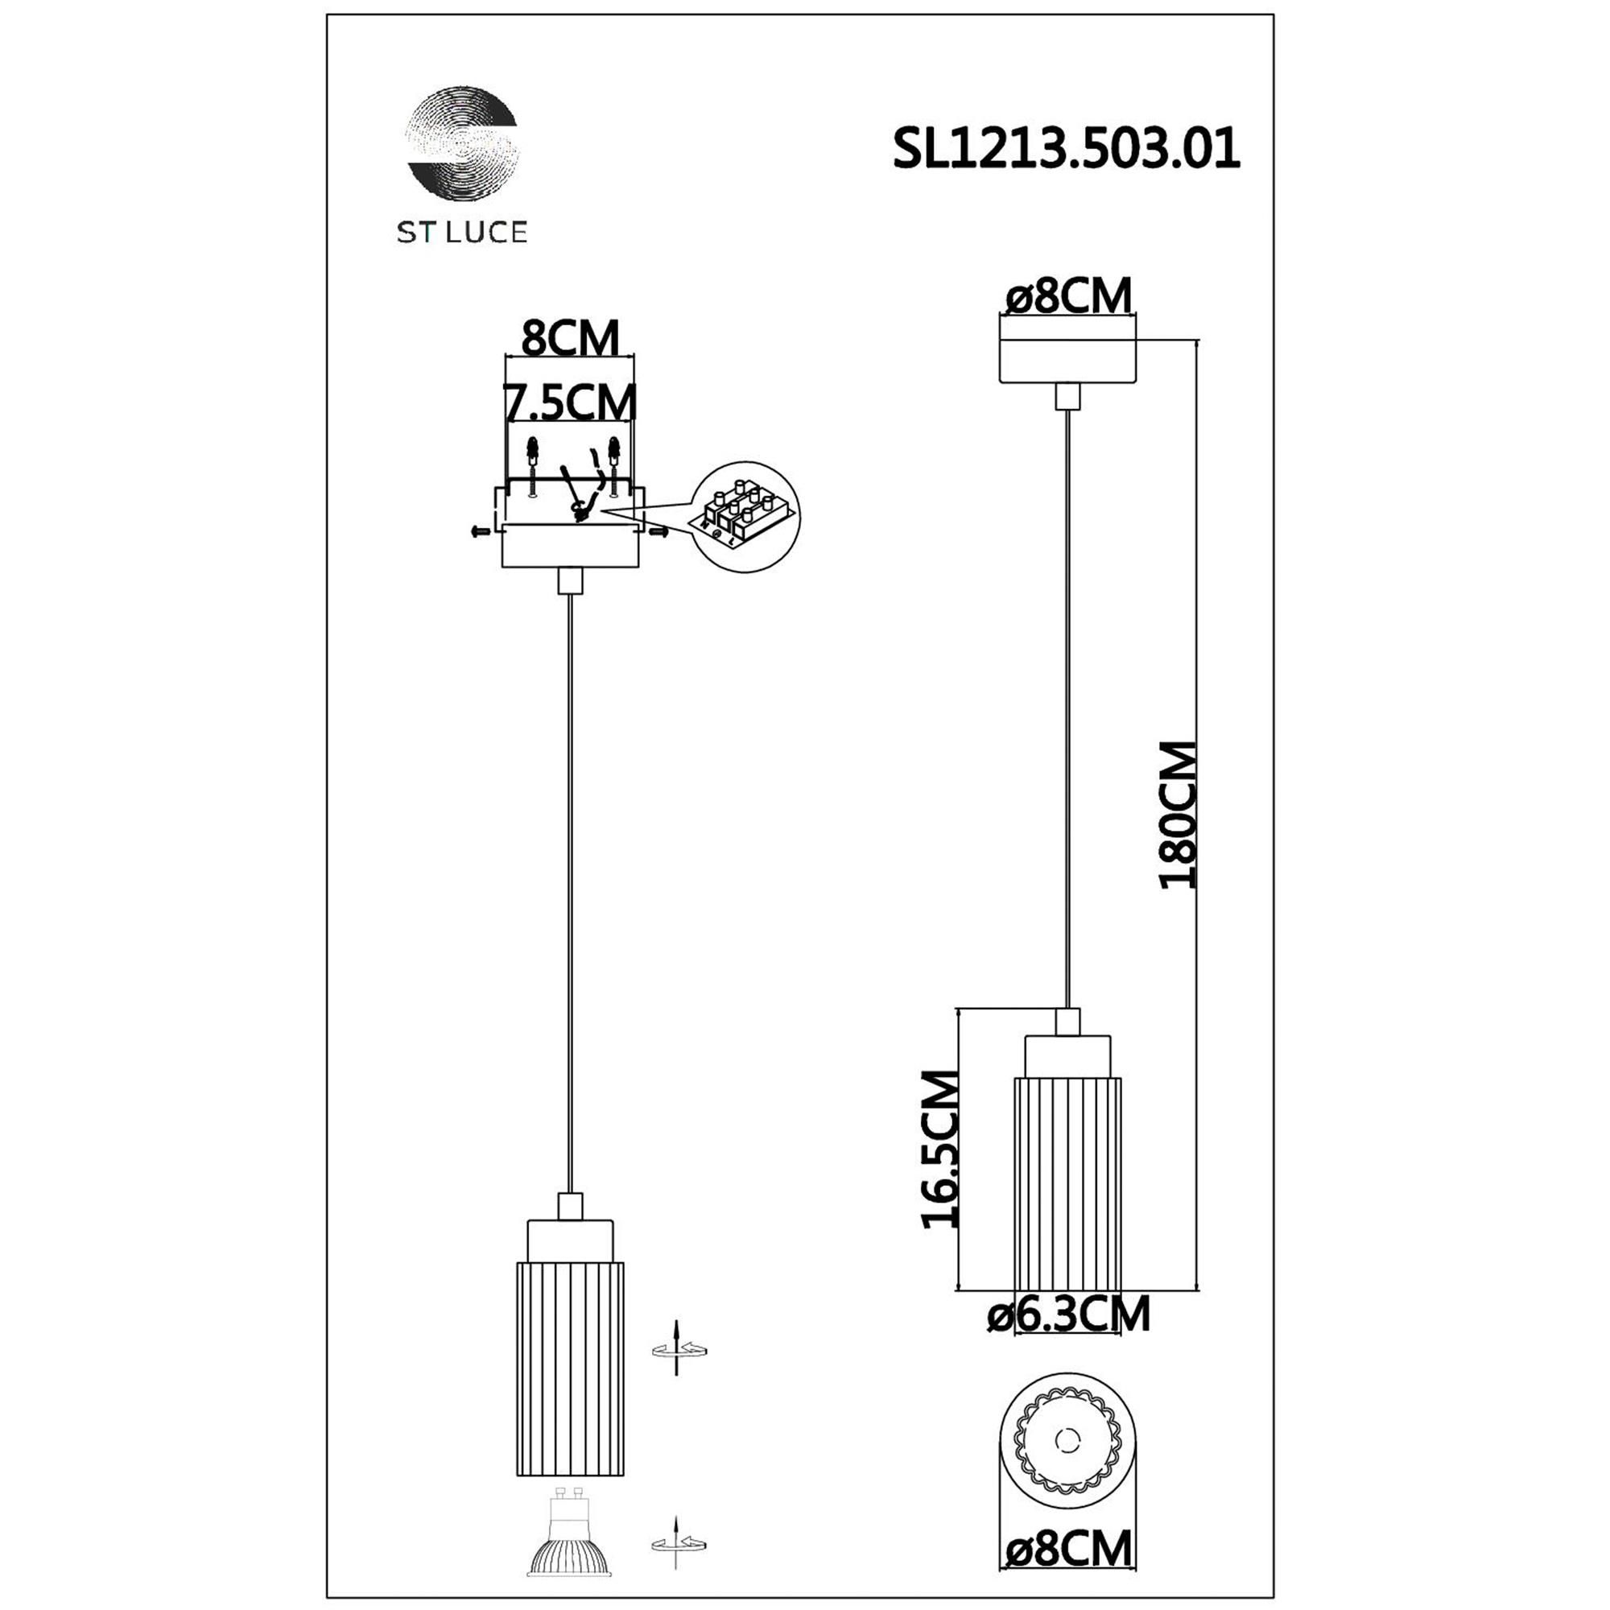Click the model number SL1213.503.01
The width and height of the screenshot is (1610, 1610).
[x=1066, y=150]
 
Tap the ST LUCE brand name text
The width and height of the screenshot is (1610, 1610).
[x=461, y=232]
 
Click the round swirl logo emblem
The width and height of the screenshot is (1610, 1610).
[x=461, y=144]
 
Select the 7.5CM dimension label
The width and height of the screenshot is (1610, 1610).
[x=571, y=402]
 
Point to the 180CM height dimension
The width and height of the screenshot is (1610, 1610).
[x=1179, y=814]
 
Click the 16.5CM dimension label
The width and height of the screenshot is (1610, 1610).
[x=941, y=1150]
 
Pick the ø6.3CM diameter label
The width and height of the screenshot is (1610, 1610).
[x=1068, y=1315]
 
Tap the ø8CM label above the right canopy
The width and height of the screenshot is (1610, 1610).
[x=1069, y=295]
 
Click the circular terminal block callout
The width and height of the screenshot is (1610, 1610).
[x=746, y=517]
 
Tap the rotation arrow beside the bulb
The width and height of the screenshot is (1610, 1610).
[x=679, y=1544]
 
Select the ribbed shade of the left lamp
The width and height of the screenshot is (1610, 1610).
[x=570, y=1368]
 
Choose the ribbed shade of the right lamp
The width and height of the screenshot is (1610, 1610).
[x=1067, y=1183]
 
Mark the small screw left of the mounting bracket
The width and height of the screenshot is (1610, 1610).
[x=480, y=530]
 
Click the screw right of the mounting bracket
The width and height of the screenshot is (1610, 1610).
[x=658, y=530]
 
